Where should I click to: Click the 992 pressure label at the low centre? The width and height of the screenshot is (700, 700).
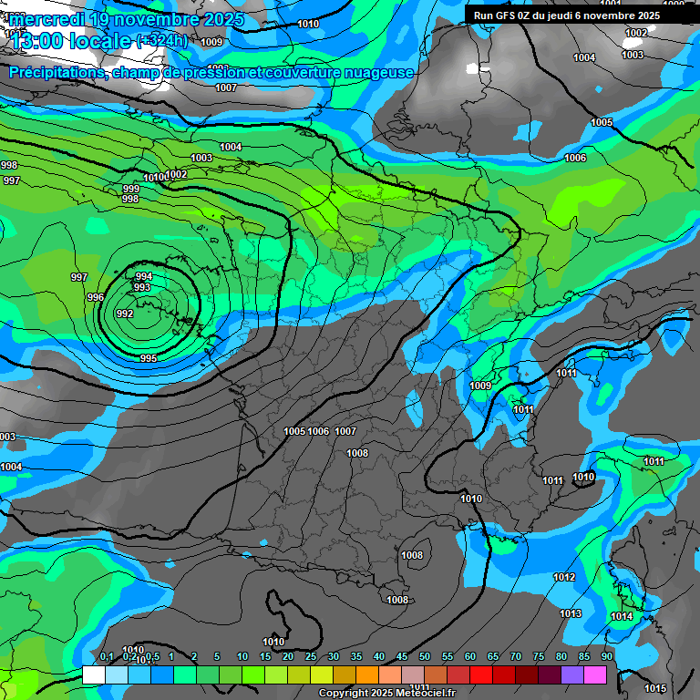[125, 314]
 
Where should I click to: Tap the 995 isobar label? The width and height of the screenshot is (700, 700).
[149, 358]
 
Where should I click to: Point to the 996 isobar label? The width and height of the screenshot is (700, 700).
[96, 298]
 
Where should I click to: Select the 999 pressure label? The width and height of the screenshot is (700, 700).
[130, 189]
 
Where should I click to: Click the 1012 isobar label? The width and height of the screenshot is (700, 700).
[564, 577]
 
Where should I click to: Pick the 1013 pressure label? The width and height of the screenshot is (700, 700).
[571, 613]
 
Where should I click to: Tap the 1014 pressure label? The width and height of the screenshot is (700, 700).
[622, 617]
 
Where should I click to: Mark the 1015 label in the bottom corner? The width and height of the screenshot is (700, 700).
[654, 688]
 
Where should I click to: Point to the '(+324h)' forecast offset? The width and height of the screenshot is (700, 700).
[161, 41]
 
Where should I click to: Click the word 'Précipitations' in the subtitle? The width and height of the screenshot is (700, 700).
[57, 72]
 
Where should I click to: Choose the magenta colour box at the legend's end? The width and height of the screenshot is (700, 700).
[595, 674]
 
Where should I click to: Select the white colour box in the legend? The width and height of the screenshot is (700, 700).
[94, 674]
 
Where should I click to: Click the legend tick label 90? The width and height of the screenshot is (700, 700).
[607, 656]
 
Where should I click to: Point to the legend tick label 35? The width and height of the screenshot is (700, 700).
[356, 656]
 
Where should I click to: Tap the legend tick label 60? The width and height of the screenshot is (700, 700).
[470, 656]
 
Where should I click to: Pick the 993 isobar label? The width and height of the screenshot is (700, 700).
[141, 287]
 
